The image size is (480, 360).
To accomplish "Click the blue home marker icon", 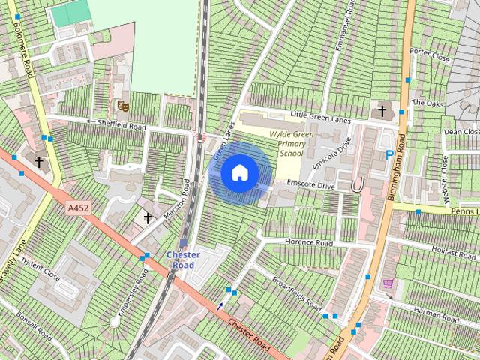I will [x=239, y=172].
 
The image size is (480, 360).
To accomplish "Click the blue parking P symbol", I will [x=389, y=155].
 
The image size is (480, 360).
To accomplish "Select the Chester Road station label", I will [x=184, y=259].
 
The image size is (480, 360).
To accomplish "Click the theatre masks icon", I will [x=124, y=106].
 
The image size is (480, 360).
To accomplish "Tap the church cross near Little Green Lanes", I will [x=382, y=112].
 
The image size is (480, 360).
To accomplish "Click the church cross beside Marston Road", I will [x=148, y=218].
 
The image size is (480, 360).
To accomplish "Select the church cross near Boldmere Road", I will [x=38, y=161].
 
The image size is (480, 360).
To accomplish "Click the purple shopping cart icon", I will [x=388, y=283].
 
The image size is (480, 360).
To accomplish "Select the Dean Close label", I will [x=460, y=131].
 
